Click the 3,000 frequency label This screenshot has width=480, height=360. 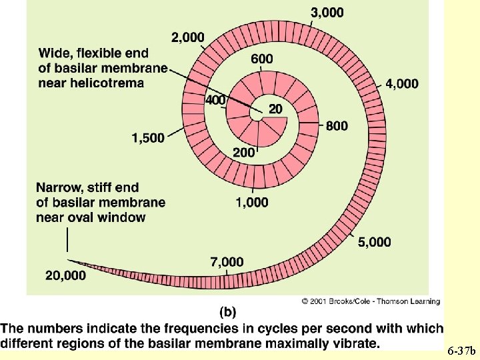point(328,12)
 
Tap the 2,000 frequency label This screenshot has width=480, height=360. point(188,37)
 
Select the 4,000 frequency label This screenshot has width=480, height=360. point(402,84)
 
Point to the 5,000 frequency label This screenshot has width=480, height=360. point(375,242)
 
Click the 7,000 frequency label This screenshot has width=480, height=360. point(227,262)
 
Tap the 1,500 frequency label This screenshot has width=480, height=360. point(148,138)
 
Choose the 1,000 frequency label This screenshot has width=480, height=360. point(252,201)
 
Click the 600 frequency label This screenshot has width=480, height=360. point(262,59)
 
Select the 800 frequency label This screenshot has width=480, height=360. point(337,126)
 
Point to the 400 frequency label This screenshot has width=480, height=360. point(216,100)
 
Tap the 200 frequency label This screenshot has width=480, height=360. point(244,152)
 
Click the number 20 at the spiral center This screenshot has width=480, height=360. point(275,109)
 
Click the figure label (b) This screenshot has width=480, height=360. point(227,311)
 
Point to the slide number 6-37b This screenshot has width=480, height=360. point(461,349)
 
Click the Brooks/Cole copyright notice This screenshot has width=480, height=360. point(371,301)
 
